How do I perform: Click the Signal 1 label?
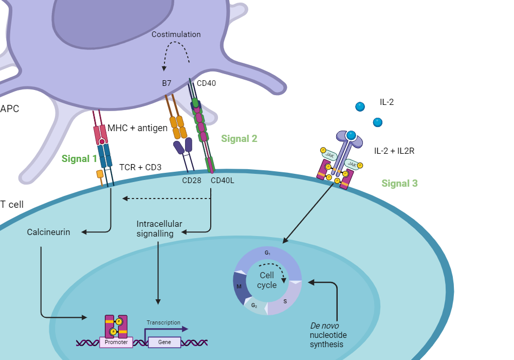(79, 158)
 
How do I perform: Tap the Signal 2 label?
(239, 138)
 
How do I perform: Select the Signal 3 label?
(399, 183)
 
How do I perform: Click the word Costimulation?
(176, 34)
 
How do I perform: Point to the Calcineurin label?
(48, 232)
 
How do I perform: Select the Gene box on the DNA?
(164, 342)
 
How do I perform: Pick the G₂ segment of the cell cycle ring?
(254, 305)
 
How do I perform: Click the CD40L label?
(222, 181)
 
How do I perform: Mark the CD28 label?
(191, 181)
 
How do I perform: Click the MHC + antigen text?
(137, 128)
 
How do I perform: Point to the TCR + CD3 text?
(140, 167)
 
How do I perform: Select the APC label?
(10, 109)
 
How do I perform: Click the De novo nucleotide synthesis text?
(326, 335)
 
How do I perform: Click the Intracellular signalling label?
(159, 228)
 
